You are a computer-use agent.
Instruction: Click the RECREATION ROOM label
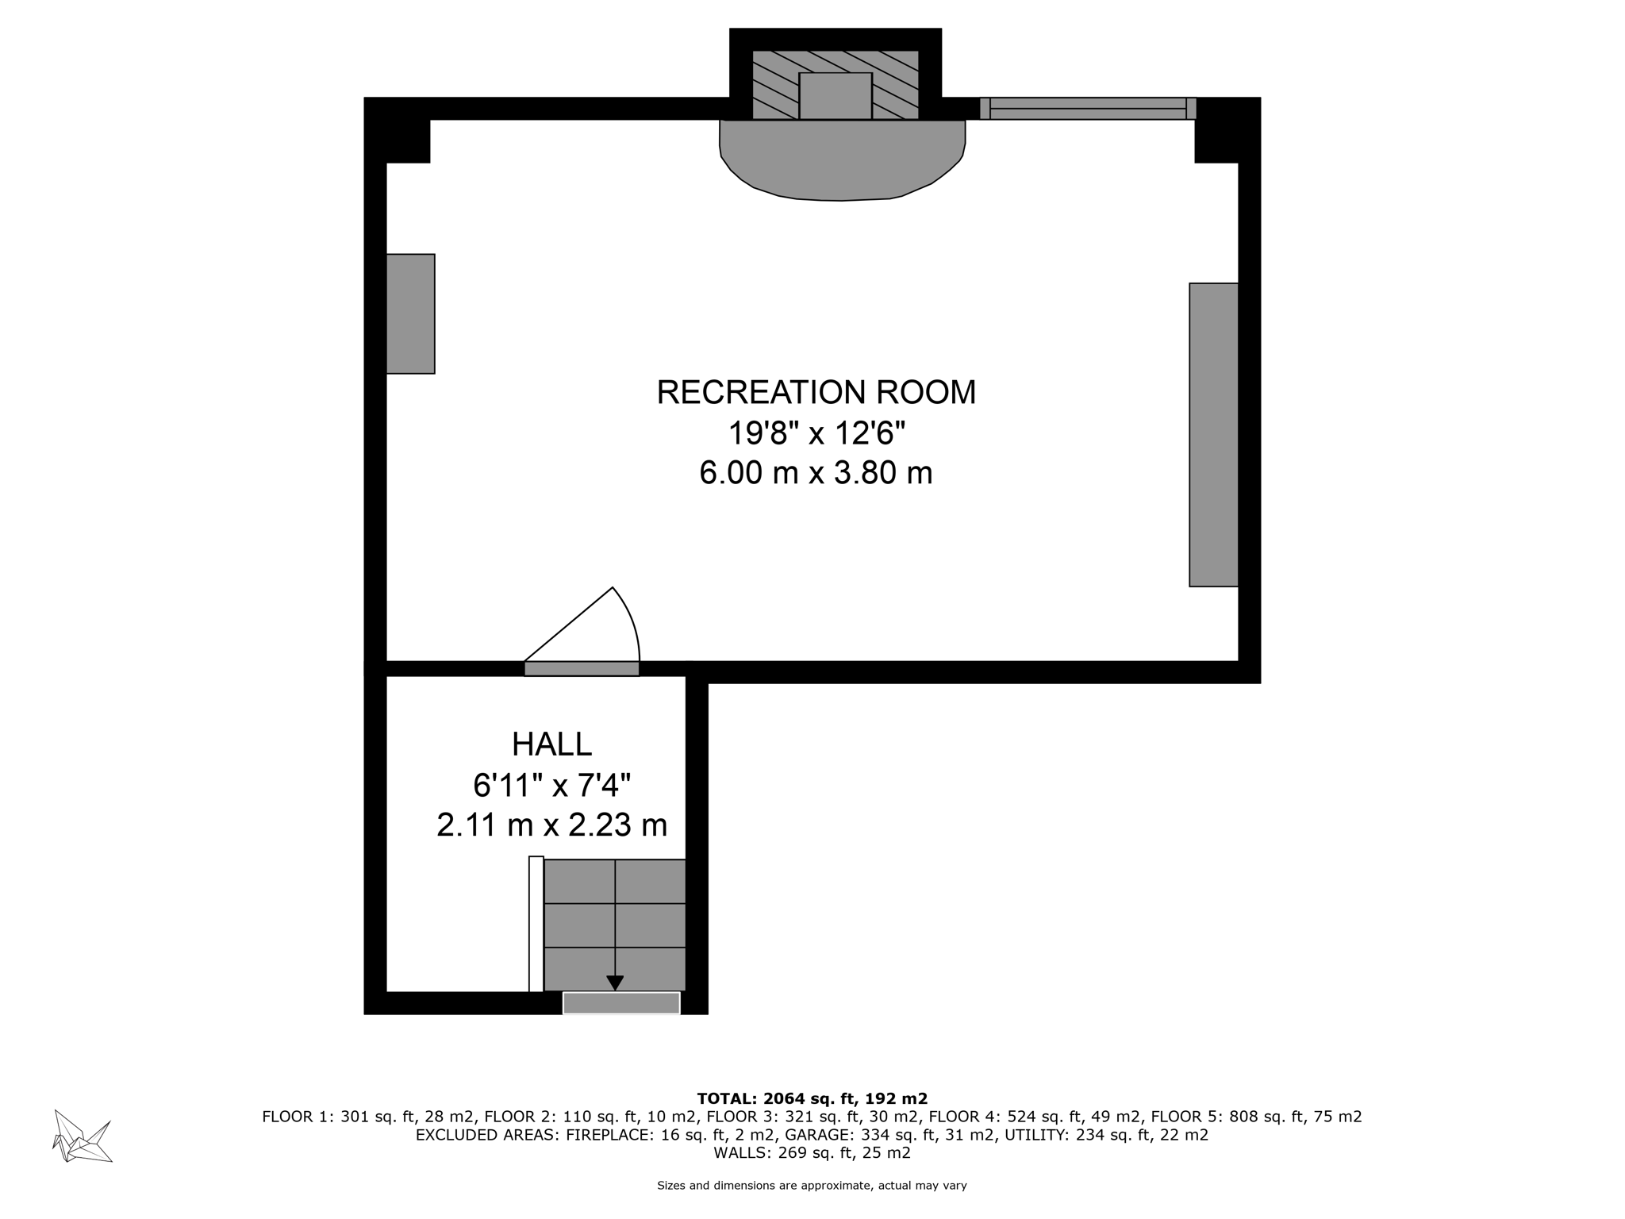pyautogui.click(x=816, y=393)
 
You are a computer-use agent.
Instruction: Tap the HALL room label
pyautogui.click(x=551, y=744)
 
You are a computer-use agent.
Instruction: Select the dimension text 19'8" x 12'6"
pyautogui.click(x=816, y=433)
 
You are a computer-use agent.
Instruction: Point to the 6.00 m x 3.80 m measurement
pyautogui.click(x=816, y=473)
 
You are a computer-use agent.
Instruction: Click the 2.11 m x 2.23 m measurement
pyautogui.click(x=551, y=825)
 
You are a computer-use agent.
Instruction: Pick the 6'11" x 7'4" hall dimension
pyautogui.click(x=551, y=786)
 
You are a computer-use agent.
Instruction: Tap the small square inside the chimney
pyautogui.click(x=835, y=96)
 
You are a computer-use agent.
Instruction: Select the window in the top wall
pyautogui.click(x=1088, y=109)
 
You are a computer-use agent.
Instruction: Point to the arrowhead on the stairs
pyautogui.click(x=615, y=983)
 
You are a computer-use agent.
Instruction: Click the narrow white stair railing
pyautogui.click(x=536, y=924)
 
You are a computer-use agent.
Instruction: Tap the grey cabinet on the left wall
pyautogui.click(x=410, y=313)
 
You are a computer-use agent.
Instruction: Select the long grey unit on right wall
pyautogui.click(x=1213, y=434)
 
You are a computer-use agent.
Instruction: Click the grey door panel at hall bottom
pyautogui.click(x=621, y=1003)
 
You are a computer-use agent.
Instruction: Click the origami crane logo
pyautogui.click(x=82, y=1136)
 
